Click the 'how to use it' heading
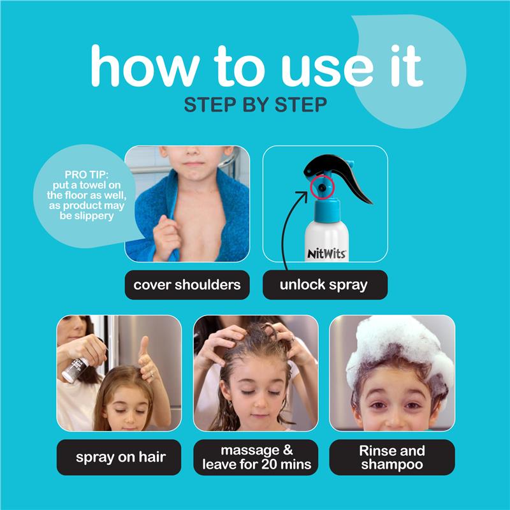[257, 66]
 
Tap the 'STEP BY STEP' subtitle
[256, 105]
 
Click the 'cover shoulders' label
[187, 285]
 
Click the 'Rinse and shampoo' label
[392, 457]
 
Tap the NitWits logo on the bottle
[326, 253]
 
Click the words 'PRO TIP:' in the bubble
[86, 175]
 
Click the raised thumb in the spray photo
[143, 346]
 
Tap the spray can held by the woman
[75, 369]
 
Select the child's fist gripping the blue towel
[166, 237]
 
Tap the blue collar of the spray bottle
[327, 211]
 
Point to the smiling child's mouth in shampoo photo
[393, 425]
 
